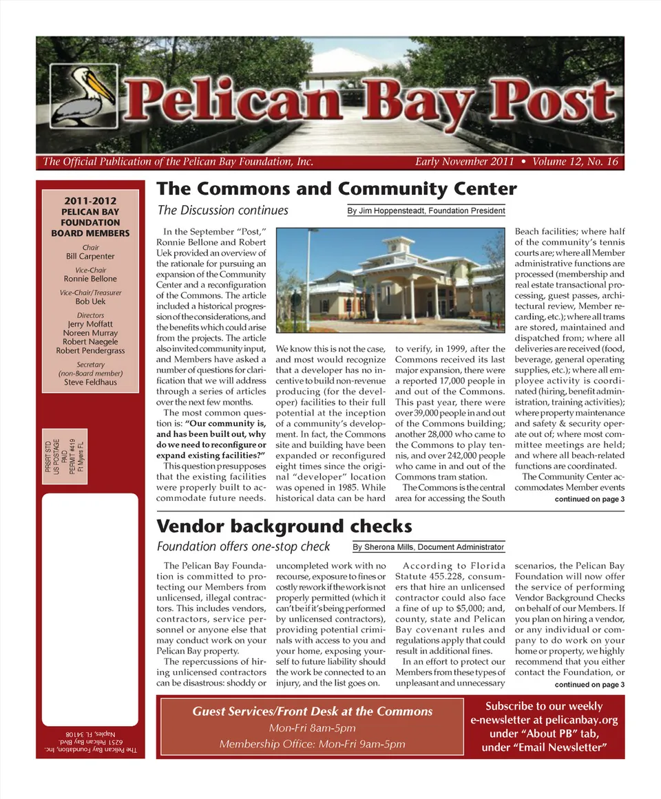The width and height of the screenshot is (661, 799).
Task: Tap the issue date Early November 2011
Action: (x=465, y=162)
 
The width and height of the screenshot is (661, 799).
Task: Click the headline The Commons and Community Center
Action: (x=337, y=189)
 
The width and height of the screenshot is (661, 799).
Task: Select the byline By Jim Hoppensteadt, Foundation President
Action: (x=426, y=211)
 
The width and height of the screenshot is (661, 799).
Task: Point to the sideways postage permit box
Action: (x=65, y=455)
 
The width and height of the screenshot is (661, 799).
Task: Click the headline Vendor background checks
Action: (x=284, y=527)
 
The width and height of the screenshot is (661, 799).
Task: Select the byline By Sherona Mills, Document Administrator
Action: (x=428, y=547)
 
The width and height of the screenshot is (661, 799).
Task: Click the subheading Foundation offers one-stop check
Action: (x=243, y=547)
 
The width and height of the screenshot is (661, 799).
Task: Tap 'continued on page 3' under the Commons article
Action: (x=589, y=499)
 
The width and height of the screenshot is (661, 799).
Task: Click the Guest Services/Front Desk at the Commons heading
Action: (x=312, y=712)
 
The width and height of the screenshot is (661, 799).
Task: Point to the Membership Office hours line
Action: (x=312, y=744)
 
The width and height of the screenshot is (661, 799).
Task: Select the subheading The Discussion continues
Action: (x=223, y=211)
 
